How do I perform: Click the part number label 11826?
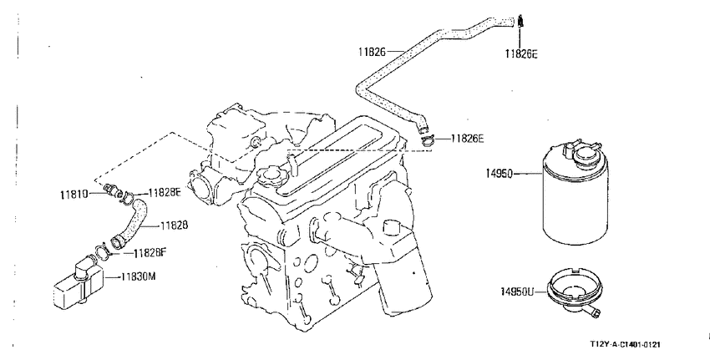(372, 52)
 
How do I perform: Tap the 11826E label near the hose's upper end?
(521, 54)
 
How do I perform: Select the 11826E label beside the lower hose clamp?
(467, 139)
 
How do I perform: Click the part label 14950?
(499, 174)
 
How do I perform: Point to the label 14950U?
(517, 292)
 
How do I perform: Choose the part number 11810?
(74, 195)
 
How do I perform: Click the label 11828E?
(165, 192)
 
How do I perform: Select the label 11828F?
(150, 253)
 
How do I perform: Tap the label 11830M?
(138, 276)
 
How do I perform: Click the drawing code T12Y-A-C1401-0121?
(626, 345)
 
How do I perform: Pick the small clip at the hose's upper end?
(520, 21)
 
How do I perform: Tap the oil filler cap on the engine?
(268, 175)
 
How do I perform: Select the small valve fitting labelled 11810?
(111, 190)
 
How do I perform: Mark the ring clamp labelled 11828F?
(103, 251)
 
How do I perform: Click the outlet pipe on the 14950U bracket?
(591, 311)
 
